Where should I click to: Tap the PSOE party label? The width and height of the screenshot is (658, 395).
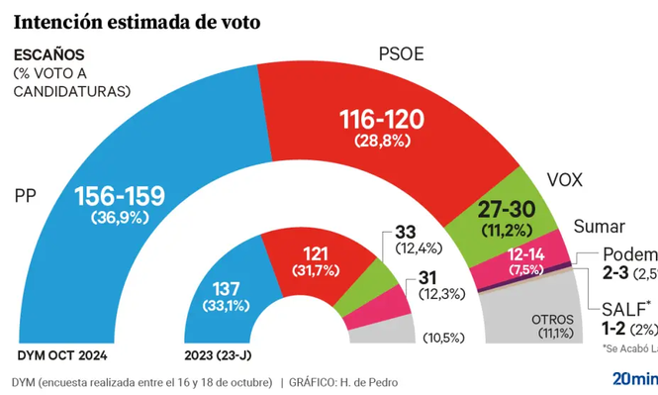click(401, 54)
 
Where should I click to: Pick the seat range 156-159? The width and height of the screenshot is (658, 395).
click(120, 196)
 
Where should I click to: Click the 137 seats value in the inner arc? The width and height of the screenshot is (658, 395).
click(226, 288)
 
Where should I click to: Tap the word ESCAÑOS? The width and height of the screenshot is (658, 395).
click(48, 54)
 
